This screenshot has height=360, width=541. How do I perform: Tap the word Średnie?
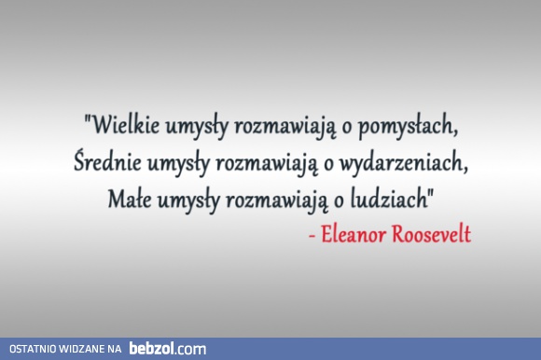106,161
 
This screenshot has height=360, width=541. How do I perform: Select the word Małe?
130,199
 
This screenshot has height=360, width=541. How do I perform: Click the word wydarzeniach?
408,162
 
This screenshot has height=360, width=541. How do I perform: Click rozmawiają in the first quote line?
282,125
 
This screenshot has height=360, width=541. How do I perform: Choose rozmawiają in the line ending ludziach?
284,200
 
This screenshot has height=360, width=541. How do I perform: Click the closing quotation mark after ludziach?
432,192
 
